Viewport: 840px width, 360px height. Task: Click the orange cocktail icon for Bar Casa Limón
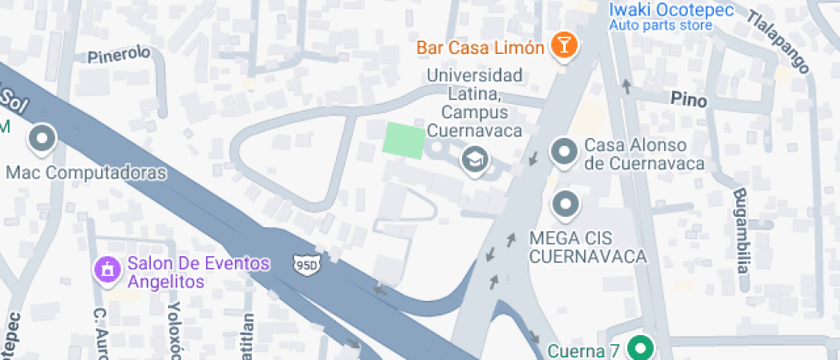click(x=563, y=45)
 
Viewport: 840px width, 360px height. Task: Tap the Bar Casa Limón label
click(x=481, y=47)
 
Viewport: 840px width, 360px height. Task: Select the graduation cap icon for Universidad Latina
click(x=471, y=159)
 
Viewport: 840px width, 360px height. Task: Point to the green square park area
click(x=403, y=141)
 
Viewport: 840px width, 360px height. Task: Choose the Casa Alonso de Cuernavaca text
click(x=644, y=154)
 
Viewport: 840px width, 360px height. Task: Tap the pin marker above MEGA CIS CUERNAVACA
click(x=563, y=205)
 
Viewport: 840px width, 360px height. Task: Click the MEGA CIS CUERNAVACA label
click(x=587, y=246)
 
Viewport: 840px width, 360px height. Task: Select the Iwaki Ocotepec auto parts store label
click(x=660, y=16)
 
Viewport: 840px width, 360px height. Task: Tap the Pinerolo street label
click(x=119, y=54)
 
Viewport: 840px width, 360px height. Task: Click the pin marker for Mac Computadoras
click(x=41, y=138)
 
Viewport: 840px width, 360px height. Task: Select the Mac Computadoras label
click(x=86, y=173)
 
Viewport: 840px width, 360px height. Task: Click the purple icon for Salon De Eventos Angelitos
click(x=106, y=270)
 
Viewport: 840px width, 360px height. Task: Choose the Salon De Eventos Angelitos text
click(x=198, y=272)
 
